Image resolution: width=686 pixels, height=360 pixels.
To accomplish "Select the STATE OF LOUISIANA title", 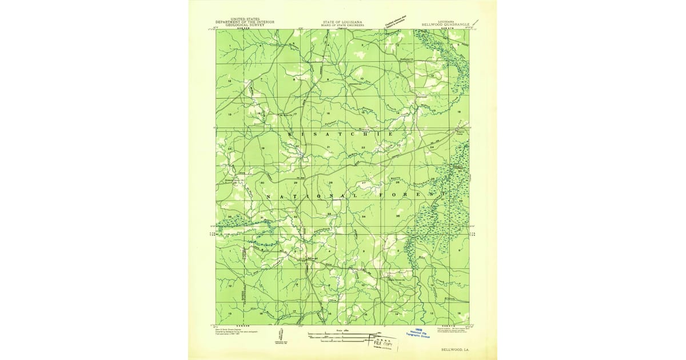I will pyautogui.click(x=342, y=22).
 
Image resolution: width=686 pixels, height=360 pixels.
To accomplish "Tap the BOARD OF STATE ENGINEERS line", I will pyautogui.click(x=342, y=26).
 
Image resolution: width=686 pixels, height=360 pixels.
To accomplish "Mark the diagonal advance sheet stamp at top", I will pyautogui.click(x=399, y=21).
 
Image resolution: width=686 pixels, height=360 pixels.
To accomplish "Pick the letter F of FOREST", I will pyautogui.click(x=380, y=196).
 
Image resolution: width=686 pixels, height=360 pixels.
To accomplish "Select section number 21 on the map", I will pyautogui.click(x=329, y=148).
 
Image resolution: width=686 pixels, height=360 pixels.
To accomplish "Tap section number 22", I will pyautogui.click(x=363, y=148).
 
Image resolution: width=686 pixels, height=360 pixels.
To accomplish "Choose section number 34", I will pyautogui.click(x=364, y=217).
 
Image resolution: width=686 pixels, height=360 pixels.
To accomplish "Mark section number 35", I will pyautogui.click(x=398, y=217).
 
